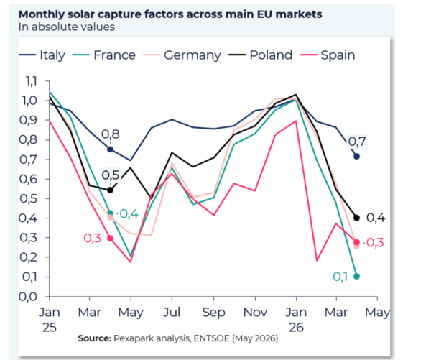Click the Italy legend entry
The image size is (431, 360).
tap(42, 55)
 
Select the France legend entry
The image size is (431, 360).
tap(104, 55)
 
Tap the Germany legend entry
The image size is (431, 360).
tap(182, 55)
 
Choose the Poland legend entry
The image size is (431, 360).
tap(260, 55)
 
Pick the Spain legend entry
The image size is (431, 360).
tap(328, 55)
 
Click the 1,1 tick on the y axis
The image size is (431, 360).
tap(31, 81)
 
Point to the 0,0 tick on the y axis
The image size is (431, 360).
tap(28, 297)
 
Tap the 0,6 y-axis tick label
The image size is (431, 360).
tap(28, 179)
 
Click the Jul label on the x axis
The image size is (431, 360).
tap(172, 312)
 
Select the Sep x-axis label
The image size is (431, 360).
tap(213, 313)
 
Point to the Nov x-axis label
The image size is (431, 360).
tap(255, 312)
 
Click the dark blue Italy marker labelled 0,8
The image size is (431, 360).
tap(110, 149)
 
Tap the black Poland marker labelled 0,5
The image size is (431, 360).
tap(110, 190)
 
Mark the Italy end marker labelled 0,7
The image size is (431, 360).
tap(356, 157)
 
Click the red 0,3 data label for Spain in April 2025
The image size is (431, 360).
tap(93, 238)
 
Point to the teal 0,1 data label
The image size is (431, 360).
tap(340, 277)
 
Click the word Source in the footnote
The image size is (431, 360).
tap(95, 338)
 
